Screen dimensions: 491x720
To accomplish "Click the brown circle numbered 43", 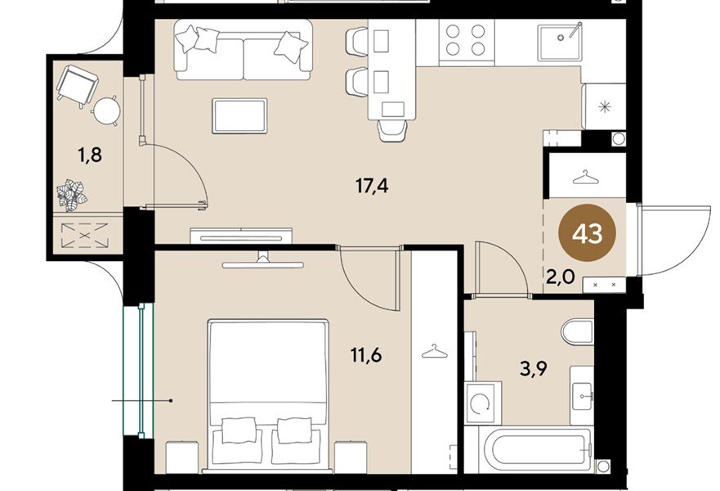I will click(x=587, y=234).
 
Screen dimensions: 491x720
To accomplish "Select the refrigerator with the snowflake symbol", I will click(x=605, y=106).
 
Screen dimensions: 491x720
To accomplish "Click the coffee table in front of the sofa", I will click(x=239, y=115).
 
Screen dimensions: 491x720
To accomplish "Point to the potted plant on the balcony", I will click(x=71, y=196).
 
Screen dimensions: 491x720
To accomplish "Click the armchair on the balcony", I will click(x=77, y=83).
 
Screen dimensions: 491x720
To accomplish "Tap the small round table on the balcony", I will click(x=105, y=110).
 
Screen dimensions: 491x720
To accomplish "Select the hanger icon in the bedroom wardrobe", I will click(x=432, y=352).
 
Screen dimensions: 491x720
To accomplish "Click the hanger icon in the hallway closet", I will click(x=584, y=177).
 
